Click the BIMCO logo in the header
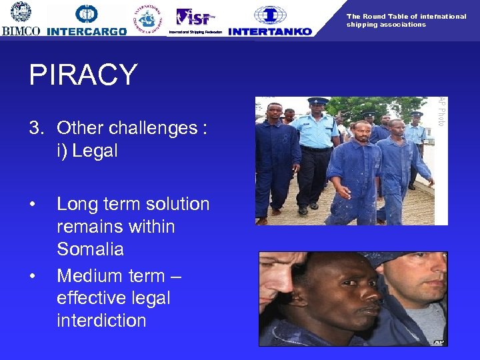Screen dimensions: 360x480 click(21, 19)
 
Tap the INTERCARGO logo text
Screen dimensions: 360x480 click(87, 31)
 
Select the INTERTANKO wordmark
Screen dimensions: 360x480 click(269, 31)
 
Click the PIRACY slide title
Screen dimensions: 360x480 click(83, 75)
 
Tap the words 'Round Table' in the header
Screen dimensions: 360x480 click(387, 16)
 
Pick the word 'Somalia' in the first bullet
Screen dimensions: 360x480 click(91, 249)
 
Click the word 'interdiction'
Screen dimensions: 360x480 click(101, 320)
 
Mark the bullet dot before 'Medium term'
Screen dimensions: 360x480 click(33, 276)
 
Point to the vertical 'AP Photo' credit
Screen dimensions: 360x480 click(441, 111)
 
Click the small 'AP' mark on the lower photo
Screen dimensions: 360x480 click(438, 342)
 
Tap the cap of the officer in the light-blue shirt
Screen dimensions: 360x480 click(317, 101)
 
